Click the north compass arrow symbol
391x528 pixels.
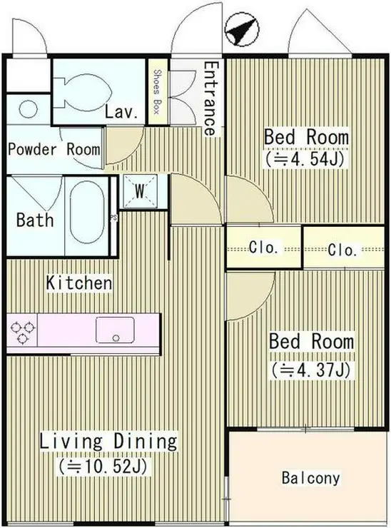pyautogui.click(x=241, y=31)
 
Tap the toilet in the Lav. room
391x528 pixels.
pyautogui.click(x=82, y=91)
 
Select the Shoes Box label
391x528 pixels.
pyautogui.click(x=157, y=91)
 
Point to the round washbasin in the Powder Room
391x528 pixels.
pyautogui.click(x=28, y=109)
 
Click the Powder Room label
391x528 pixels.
pyautogui.click(x=54, y=149)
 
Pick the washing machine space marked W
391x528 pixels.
pyautogui.click(x=140, y=192)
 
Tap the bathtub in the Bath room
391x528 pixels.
pyautogui.click(x=87, y=212)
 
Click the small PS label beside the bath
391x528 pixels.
pyautogui.click(x=113, y=218)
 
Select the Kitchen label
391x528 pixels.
pyautogui.click(x=78, y=282)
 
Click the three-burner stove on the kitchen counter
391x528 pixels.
pyautogui.click(x=22, y=332)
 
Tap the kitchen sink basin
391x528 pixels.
pyautogui.click(x=115, y=330)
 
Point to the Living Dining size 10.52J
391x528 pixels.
pyautogui.click(x=103, y=467)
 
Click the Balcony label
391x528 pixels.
pyautogui.click(x=310, y=478)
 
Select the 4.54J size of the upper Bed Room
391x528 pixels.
pyautogui.click(x=305, y=158)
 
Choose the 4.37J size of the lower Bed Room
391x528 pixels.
pyautogui.click(x=311, y=370)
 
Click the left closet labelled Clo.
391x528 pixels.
pyautogui.click(x=264, y=248)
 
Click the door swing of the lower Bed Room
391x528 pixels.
pyautogui.click(x=251, y=295)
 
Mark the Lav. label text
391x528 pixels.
pyautogui.click(x=121, y=112)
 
